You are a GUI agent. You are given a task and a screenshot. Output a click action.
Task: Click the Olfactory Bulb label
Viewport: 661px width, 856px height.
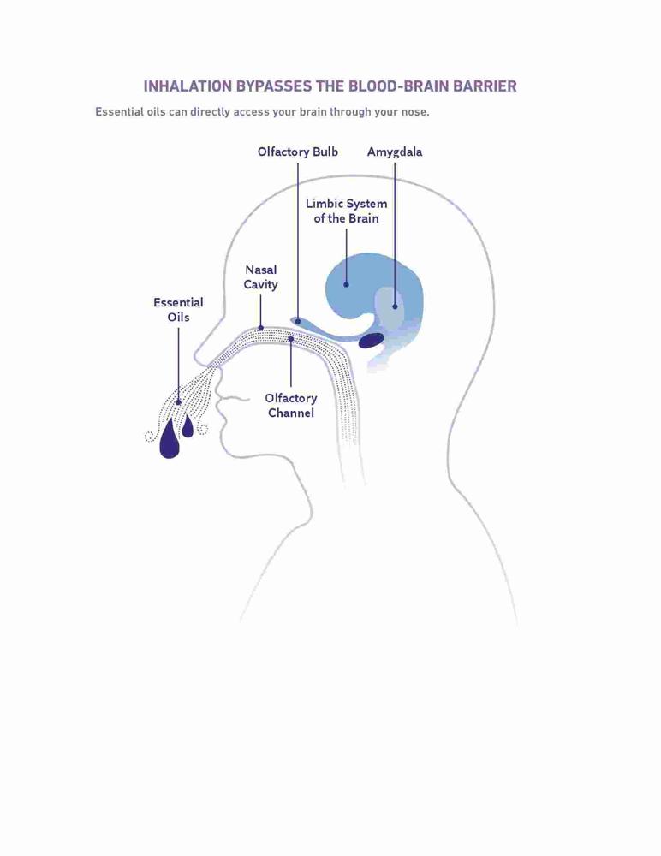coord(298,152)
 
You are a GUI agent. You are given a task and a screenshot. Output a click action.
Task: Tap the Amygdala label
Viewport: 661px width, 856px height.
coord(395,152)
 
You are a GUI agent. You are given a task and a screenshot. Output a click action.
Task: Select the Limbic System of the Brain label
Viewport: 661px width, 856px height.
coord(347,211)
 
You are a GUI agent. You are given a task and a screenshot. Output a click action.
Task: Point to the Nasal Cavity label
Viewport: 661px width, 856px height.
coord(260,276)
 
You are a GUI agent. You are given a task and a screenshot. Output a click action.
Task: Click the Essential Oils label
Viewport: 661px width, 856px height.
coord(178,310)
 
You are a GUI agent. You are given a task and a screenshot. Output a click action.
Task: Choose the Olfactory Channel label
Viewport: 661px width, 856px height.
coord(290,406)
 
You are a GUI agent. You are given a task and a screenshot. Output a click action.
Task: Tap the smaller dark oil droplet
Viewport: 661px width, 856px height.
coord(188,426)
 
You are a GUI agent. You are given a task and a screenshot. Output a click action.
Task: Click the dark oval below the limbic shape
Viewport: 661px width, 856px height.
coord(372,341)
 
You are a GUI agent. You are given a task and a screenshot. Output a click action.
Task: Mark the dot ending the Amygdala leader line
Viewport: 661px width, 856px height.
coord(395,306)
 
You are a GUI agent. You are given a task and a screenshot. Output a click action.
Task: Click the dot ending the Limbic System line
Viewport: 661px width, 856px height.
coord(347,284)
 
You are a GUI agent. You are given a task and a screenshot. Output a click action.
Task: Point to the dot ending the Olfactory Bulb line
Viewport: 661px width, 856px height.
coord(298,322)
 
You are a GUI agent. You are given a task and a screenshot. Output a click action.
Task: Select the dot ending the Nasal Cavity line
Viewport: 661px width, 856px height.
coord(260,328)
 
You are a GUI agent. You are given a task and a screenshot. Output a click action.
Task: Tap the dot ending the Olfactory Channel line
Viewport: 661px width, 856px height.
coord(290,339)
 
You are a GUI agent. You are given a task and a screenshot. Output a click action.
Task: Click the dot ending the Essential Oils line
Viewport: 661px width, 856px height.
coord(178,402)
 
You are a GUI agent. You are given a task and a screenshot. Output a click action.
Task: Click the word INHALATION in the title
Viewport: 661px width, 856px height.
coord(188,86)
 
